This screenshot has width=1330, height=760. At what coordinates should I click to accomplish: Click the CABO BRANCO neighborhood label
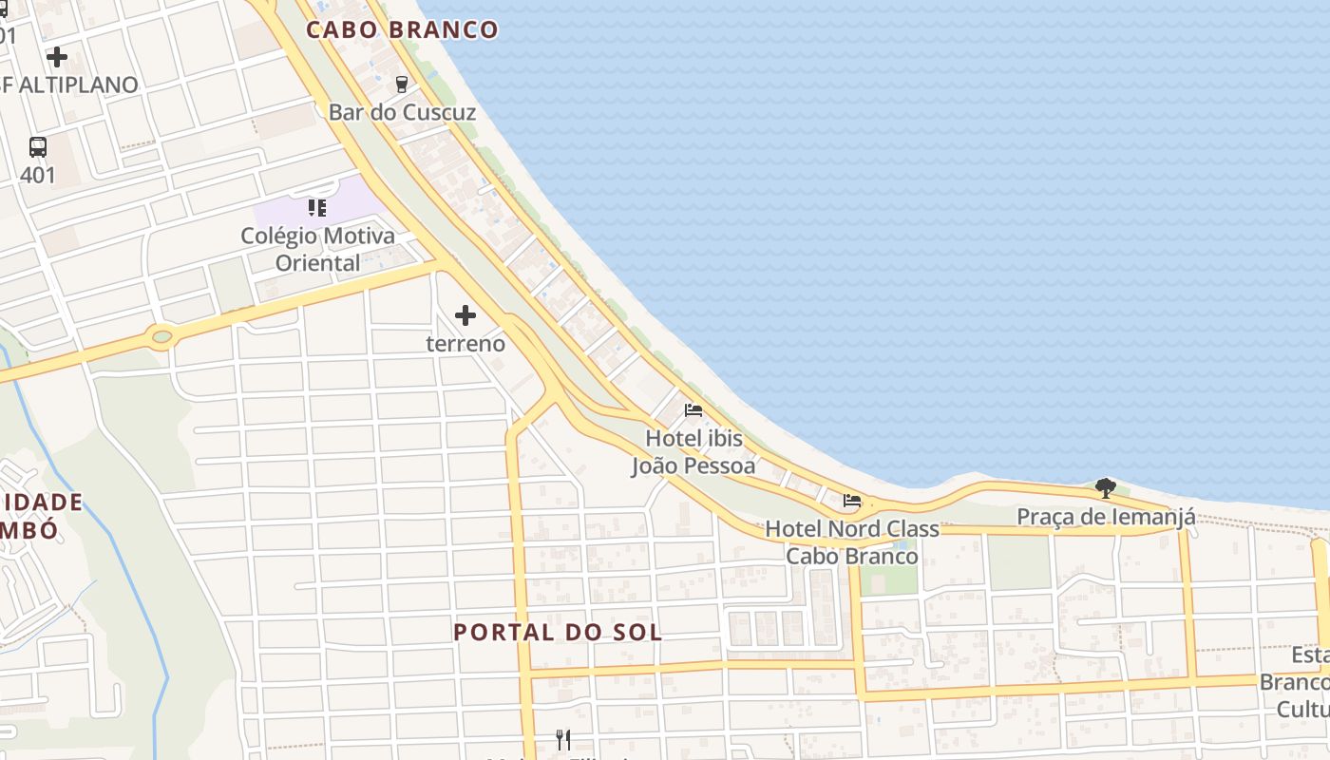(x=402, y=29)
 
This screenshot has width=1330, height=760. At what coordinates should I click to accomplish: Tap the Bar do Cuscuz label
(x=402, y=112)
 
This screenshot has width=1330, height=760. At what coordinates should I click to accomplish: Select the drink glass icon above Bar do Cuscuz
(x=401, y=84)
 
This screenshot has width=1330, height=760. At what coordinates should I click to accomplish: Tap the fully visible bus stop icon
(x=38, y=147)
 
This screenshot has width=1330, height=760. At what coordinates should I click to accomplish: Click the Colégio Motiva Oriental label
(x=317, y=249)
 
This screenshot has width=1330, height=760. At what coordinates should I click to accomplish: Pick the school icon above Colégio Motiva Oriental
(x=317, y=207)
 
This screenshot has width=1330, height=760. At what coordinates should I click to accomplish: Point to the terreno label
(x=465, y=343)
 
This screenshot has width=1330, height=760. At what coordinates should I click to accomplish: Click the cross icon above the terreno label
(x=465, y=314)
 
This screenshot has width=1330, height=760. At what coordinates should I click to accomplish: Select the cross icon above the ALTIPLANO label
(x=57, y=57)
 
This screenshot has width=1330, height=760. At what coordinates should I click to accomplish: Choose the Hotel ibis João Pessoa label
(x=694, y=452)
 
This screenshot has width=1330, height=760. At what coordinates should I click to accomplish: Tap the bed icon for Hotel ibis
(x=693, y=410)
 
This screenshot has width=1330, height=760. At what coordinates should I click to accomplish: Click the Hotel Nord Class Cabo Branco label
(x=852, y=541)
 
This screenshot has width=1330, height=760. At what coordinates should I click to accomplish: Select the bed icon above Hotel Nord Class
(x=852, y=501)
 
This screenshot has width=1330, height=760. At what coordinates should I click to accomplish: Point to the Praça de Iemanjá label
(x=1106, y=517)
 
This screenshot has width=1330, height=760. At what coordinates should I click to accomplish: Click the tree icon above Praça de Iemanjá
(x=1105, y=488)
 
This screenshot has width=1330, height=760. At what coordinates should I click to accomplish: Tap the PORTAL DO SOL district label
(x=558, y=632)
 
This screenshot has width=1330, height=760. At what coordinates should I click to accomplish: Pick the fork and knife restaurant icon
(x=563, y=739)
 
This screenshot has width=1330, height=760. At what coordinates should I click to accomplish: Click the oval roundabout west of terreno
(x=161, y=336)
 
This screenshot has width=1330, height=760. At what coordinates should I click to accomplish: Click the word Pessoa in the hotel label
(x=721, y=466)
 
